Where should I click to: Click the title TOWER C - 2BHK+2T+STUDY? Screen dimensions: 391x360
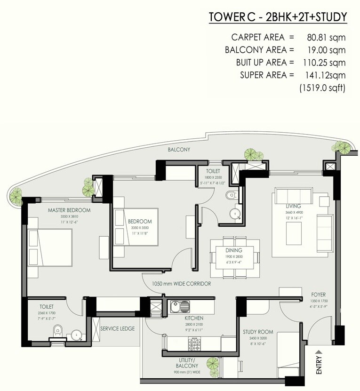[278, 17]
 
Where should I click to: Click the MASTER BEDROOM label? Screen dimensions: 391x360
[69, 210]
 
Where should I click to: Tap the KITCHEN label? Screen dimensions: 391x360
[193, 318]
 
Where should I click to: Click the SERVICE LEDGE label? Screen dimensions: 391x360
[118, 328]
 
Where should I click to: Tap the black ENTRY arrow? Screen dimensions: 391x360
[319, 351]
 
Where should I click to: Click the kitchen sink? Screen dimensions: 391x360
[180, 305]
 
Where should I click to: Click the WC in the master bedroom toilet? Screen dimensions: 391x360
[56, 330]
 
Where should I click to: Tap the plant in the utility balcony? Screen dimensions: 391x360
[213, 363]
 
